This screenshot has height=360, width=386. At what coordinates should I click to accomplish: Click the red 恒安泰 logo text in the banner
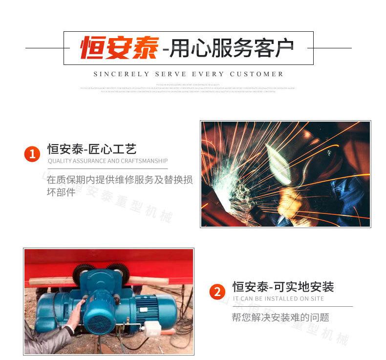[x=119, y=48]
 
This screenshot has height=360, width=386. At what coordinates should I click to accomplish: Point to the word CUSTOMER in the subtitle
[x=257, y=74]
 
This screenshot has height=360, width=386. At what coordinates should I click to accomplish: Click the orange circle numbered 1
[x=32, y=155]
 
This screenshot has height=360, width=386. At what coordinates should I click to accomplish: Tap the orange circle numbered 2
[x=217, y=292]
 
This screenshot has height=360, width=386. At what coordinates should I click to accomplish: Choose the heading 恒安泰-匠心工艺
[x=91, y=149]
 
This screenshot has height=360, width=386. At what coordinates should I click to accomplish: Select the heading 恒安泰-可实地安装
[x=283, y=287]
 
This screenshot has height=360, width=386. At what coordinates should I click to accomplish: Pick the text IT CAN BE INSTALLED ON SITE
[x=278, y=298]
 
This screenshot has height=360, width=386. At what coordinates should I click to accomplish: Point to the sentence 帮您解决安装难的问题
[x=280, y=318]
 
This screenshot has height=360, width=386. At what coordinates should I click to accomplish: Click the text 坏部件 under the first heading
[x=61, y=192]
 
